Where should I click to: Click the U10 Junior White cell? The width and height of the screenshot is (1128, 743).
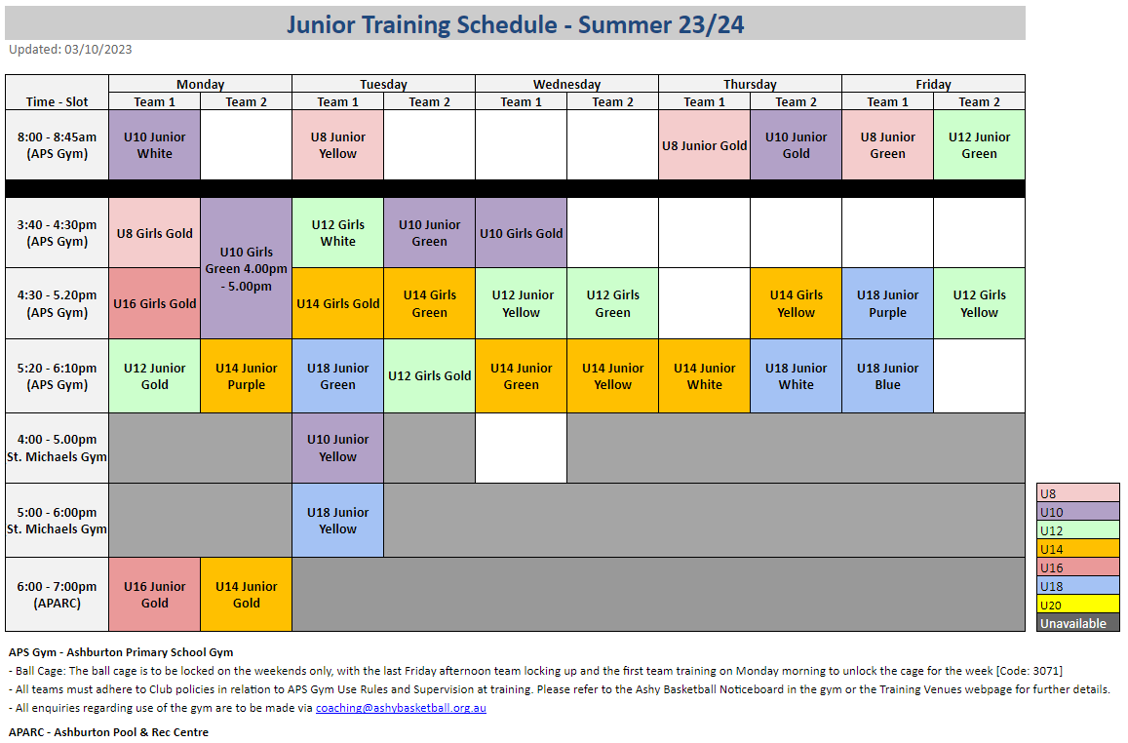click(x=155, y=144)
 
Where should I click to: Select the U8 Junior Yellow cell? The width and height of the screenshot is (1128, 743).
click(x=338, y=144)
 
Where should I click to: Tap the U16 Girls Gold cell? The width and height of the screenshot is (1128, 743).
click(x=155, y=303)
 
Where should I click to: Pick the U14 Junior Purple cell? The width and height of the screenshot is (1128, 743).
click(x=246, y=376)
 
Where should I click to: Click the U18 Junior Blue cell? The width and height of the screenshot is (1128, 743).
click(x=888, y=376)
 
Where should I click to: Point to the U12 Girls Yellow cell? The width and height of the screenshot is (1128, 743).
click(x=979, y=303)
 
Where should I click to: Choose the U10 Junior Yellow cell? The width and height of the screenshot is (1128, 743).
click(x=338, y=448)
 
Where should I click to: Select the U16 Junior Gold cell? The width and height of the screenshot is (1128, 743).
click(x=155, y=594)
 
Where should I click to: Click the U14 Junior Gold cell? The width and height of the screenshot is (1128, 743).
click(x=246, y=594)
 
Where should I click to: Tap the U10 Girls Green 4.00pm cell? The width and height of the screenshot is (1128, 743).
click(x=246, y=268)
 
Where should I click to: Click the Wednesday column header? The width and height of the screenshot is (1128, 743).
click(x=566, y=84)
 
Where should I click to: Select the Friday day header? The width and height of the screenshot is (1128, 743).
click(x=934, y=84)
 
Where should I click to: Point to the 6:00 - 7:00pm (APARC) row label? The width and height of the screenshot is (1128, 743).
click(x=57, y=594)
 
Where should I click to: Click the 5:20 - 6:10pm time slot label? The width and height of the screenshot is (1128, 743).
click(x=57, y=376)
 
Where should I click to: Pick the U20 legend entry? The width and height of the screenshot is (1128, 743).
click(x=1077, y=605)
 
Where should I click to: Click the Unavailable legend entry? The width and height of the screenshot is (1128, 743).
click(x=1077, y=623)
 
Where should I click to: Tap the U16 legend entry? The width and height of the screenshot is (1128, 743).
click(x=1077, y=567)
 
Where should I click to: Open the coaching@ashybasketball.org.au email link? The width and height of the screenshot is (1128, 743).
click(x=401, y=708)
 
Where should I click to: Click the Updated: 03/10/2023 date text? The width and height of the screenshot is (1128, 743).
click(x=70, y=49)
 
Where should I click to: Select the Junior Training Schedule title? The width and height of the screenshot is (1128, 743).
click(x=515, y=24)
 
